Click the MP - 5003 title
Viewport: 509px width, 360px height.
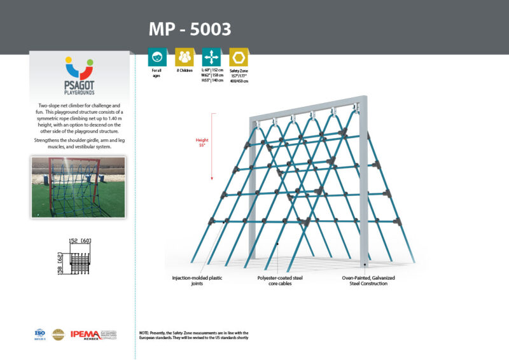tap(190, 29)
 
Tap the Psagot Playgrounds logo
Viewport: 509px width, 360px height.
tap(79, 75)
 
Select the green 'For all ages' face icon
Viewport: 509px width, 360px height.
tap(157, 57)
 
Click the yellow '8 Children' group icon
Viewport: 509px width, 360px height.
tap(184, 57)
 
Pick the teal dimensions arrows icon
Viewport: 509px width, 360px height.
tap(211, 57)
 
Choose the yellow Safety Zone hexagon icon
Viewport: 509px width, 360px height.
tap(239, 57)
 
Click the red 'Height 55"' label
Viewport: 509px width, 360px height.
tap(201, 142)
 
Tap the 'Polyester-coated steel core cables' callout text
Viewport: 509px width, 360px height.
tap(279, 280)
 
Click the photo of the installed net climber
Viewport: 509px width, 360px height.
tap(78, 187)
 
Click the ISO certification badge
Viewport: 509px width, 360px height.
tap(41, 333)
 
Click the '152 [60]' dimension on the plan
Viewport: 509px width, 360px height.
tap(80, 240)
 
